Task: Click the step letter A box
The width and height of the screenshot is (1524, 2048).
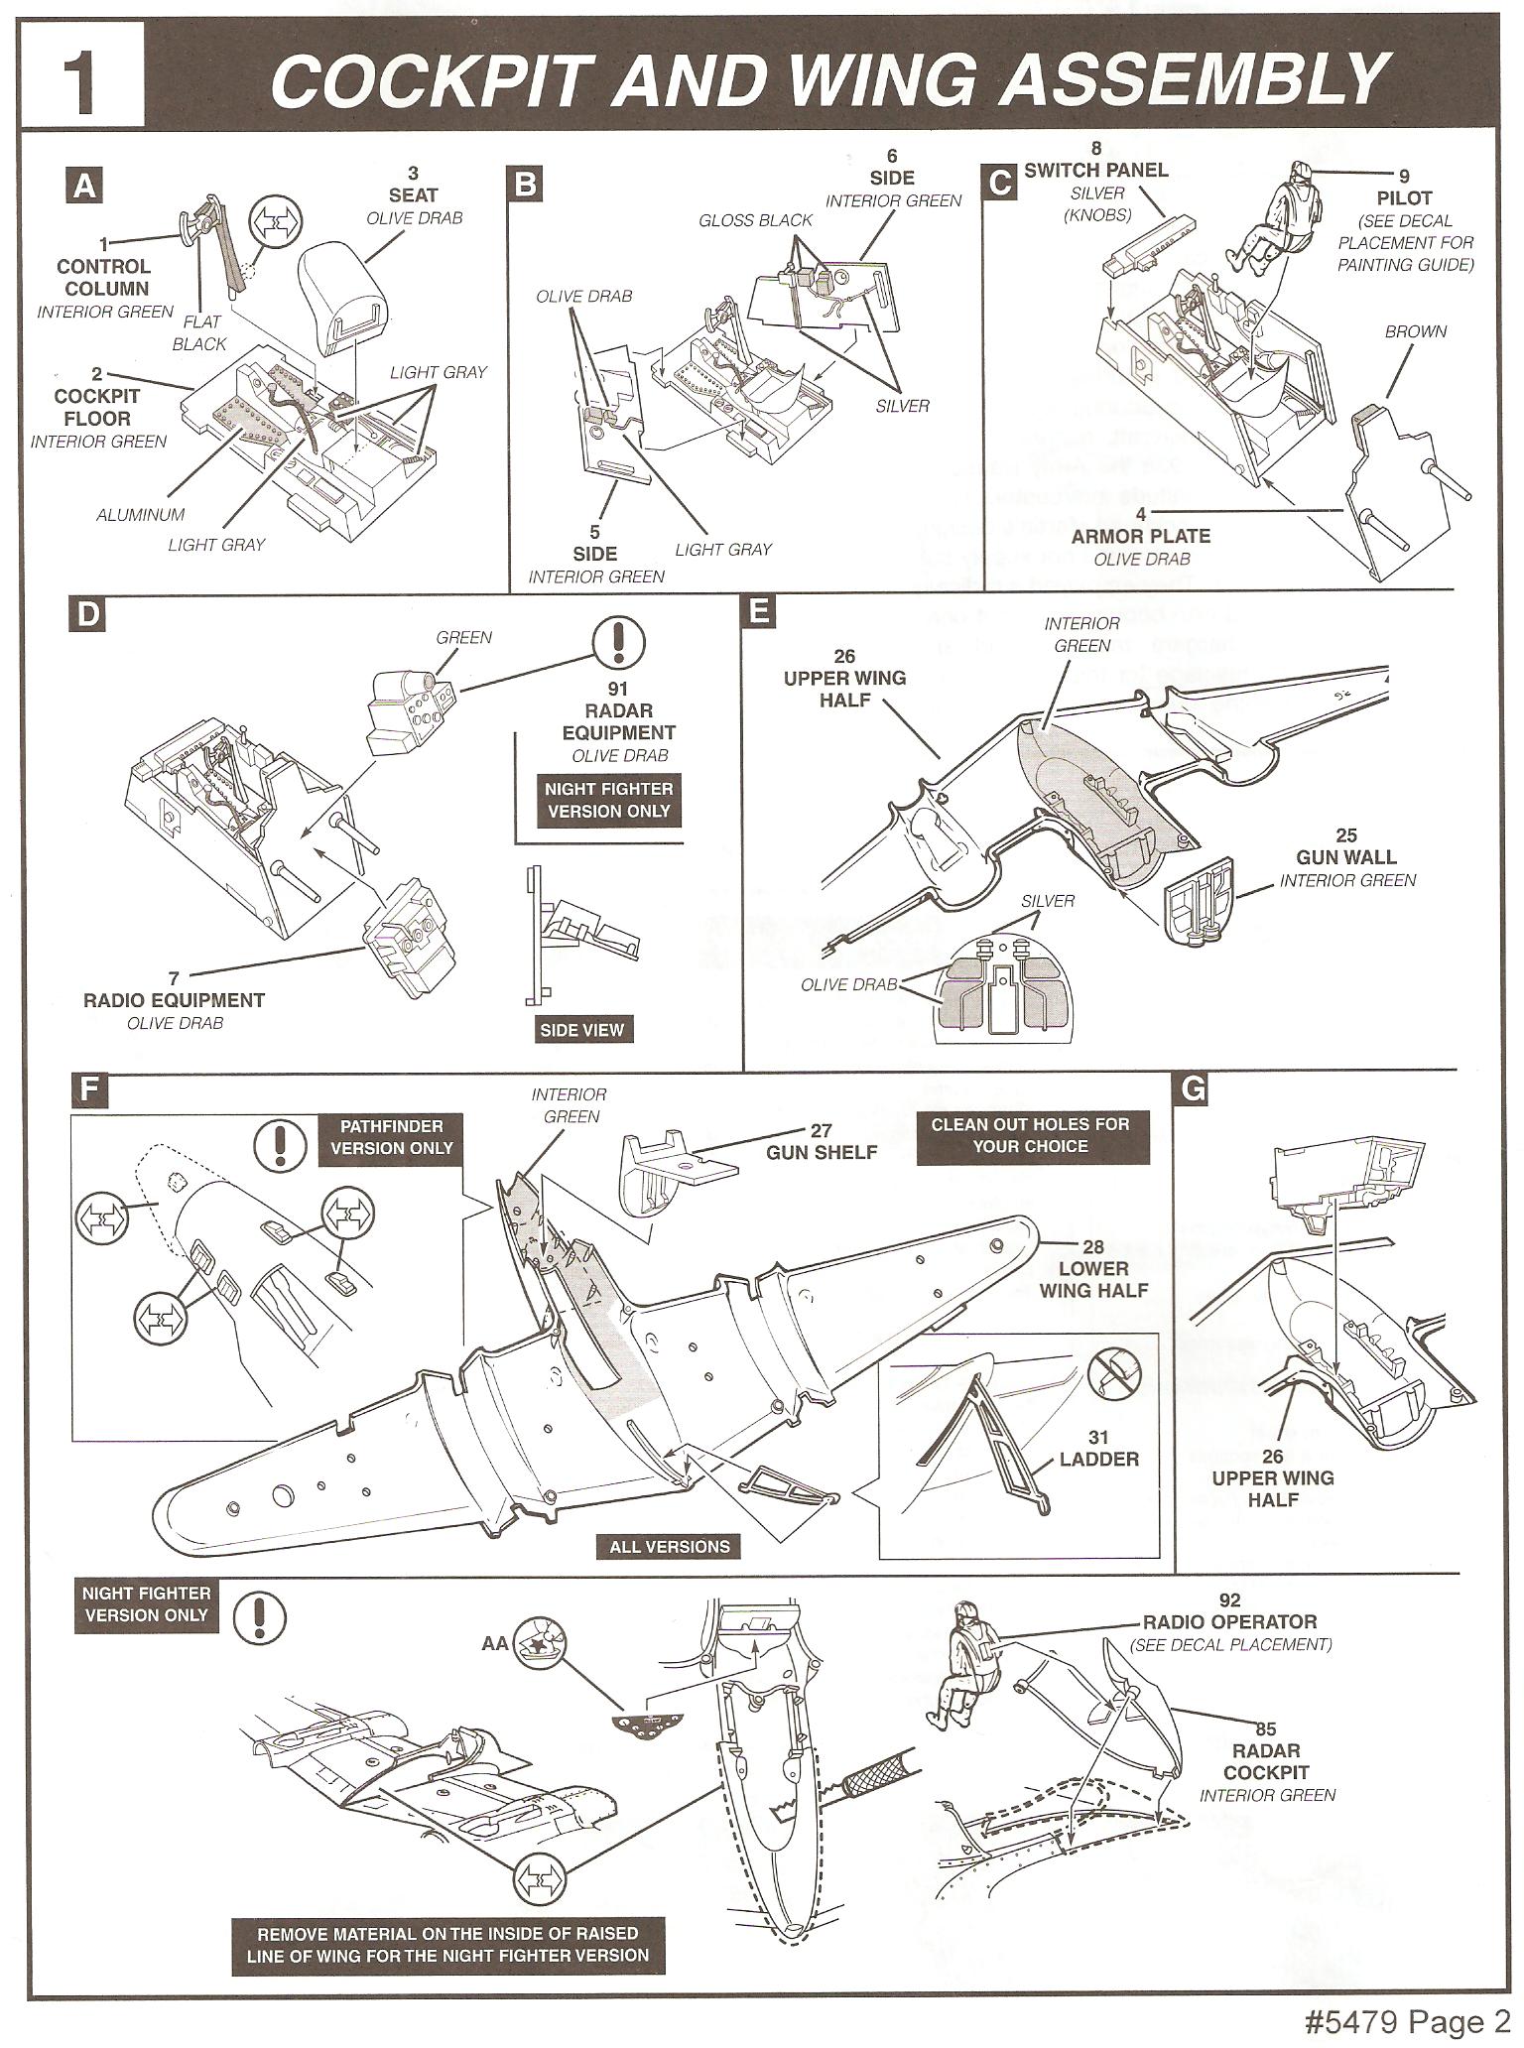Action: coord(85,186)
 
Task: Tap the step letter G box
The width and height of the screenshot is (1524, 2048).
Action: coord(1193,1089)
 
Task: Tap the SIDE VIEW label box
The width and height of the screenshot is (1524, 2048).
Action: coord(581,1030)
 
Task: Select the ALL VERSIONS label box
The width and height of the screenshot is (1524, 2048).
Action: coord(669,1546)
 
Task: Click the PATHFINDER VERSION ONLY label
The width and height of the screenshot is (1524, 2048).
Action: coord(391,1137)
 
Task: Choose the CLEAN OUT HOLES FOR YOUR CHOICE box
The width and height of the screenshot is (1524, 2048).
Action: coord(1030,1135)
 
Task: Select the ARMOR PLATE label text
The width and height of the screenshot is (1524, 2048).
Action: coord(1141,537)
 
